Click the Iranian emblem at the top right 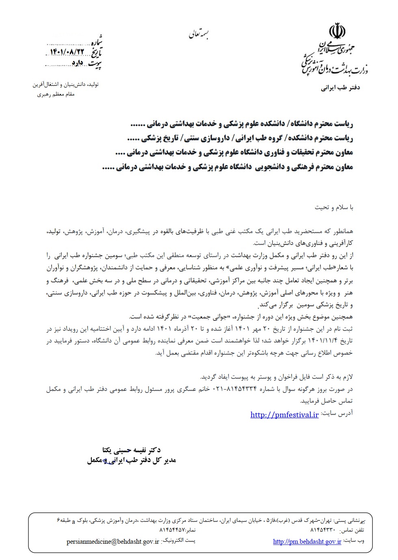337,32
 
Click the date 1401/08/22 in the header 67,51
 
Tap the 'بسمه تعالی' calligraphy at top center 199,35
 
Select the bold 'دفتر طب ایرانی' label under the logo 341,87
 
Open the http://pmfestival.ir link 284,415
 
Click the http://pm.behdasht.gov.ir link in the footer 307,541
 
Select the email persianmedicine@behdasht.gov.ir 113,542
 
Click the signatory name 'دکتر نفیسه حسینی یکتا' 132,450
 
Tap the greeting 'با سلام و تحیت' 334,207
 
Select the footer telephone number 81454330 322,530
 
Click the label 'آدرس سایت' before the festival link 337,413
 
